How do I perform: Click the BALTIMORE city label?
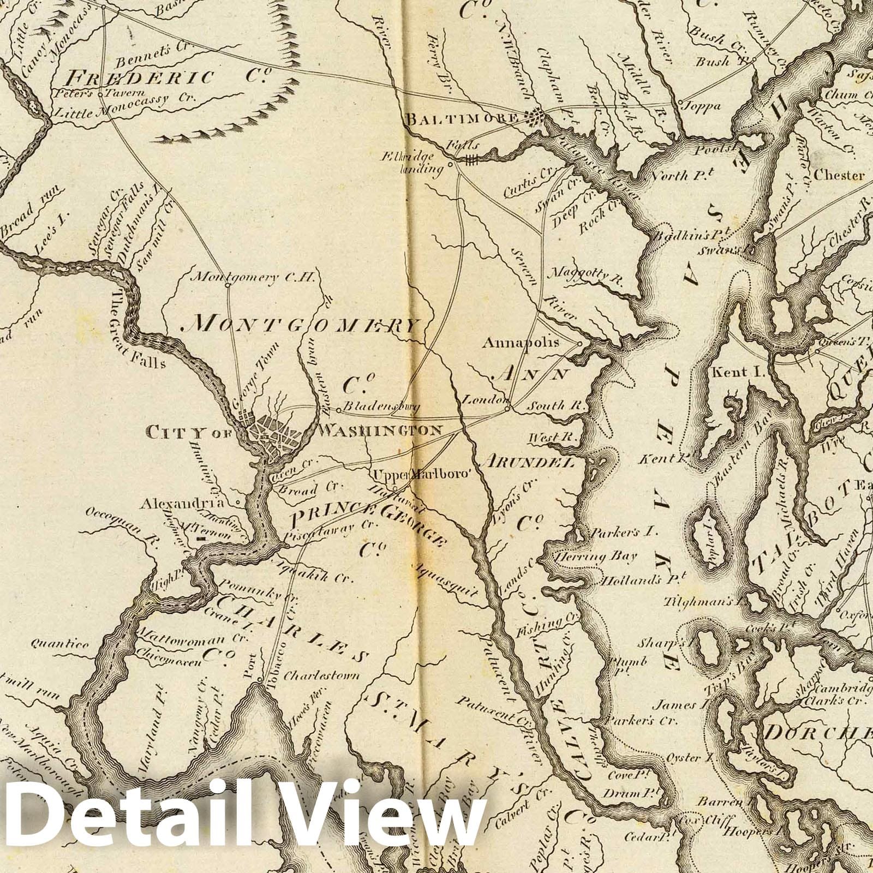tap(462, 118)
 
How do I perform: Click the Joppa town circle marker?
tap(681, 102)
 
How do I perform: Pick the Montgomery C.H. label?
tap(255, 277)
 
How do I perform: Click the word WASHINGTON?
tap(380, 430)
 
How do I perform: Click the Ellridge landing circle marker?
tap(450, 163)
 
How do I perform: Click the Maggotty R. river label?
tap(586, 275)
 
